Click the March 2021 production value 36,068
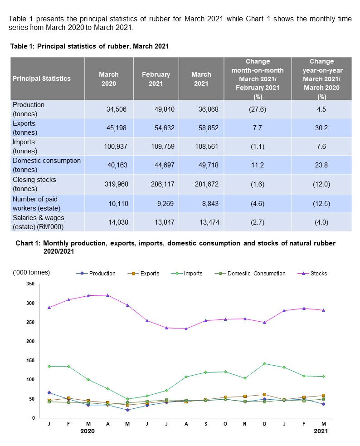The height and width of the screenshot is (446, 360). [x=208, y=109]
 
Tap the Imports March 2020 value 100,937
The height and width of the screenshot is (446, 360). [x=112, y=147]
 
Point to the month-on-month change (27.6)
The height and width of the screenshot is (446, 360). [x=258, y=109]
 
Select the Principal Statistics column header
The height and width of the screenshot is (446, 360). [x=42, y=78]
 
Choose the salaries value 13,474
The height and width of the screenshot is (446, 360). [x=208, y=222]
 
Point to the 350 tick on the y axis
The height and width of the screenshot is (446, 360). [x=30, y=284]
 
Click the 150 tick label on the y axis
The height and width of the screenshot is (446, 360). [x=30, y=360]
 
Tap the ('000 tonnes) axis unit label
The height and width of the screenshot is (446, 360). [x=31, y=272]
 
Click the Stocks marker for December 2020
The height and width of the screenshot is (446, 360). [x=264, y=323]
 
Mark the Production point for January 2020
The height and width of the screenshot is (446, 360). [x=49, y=392]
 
